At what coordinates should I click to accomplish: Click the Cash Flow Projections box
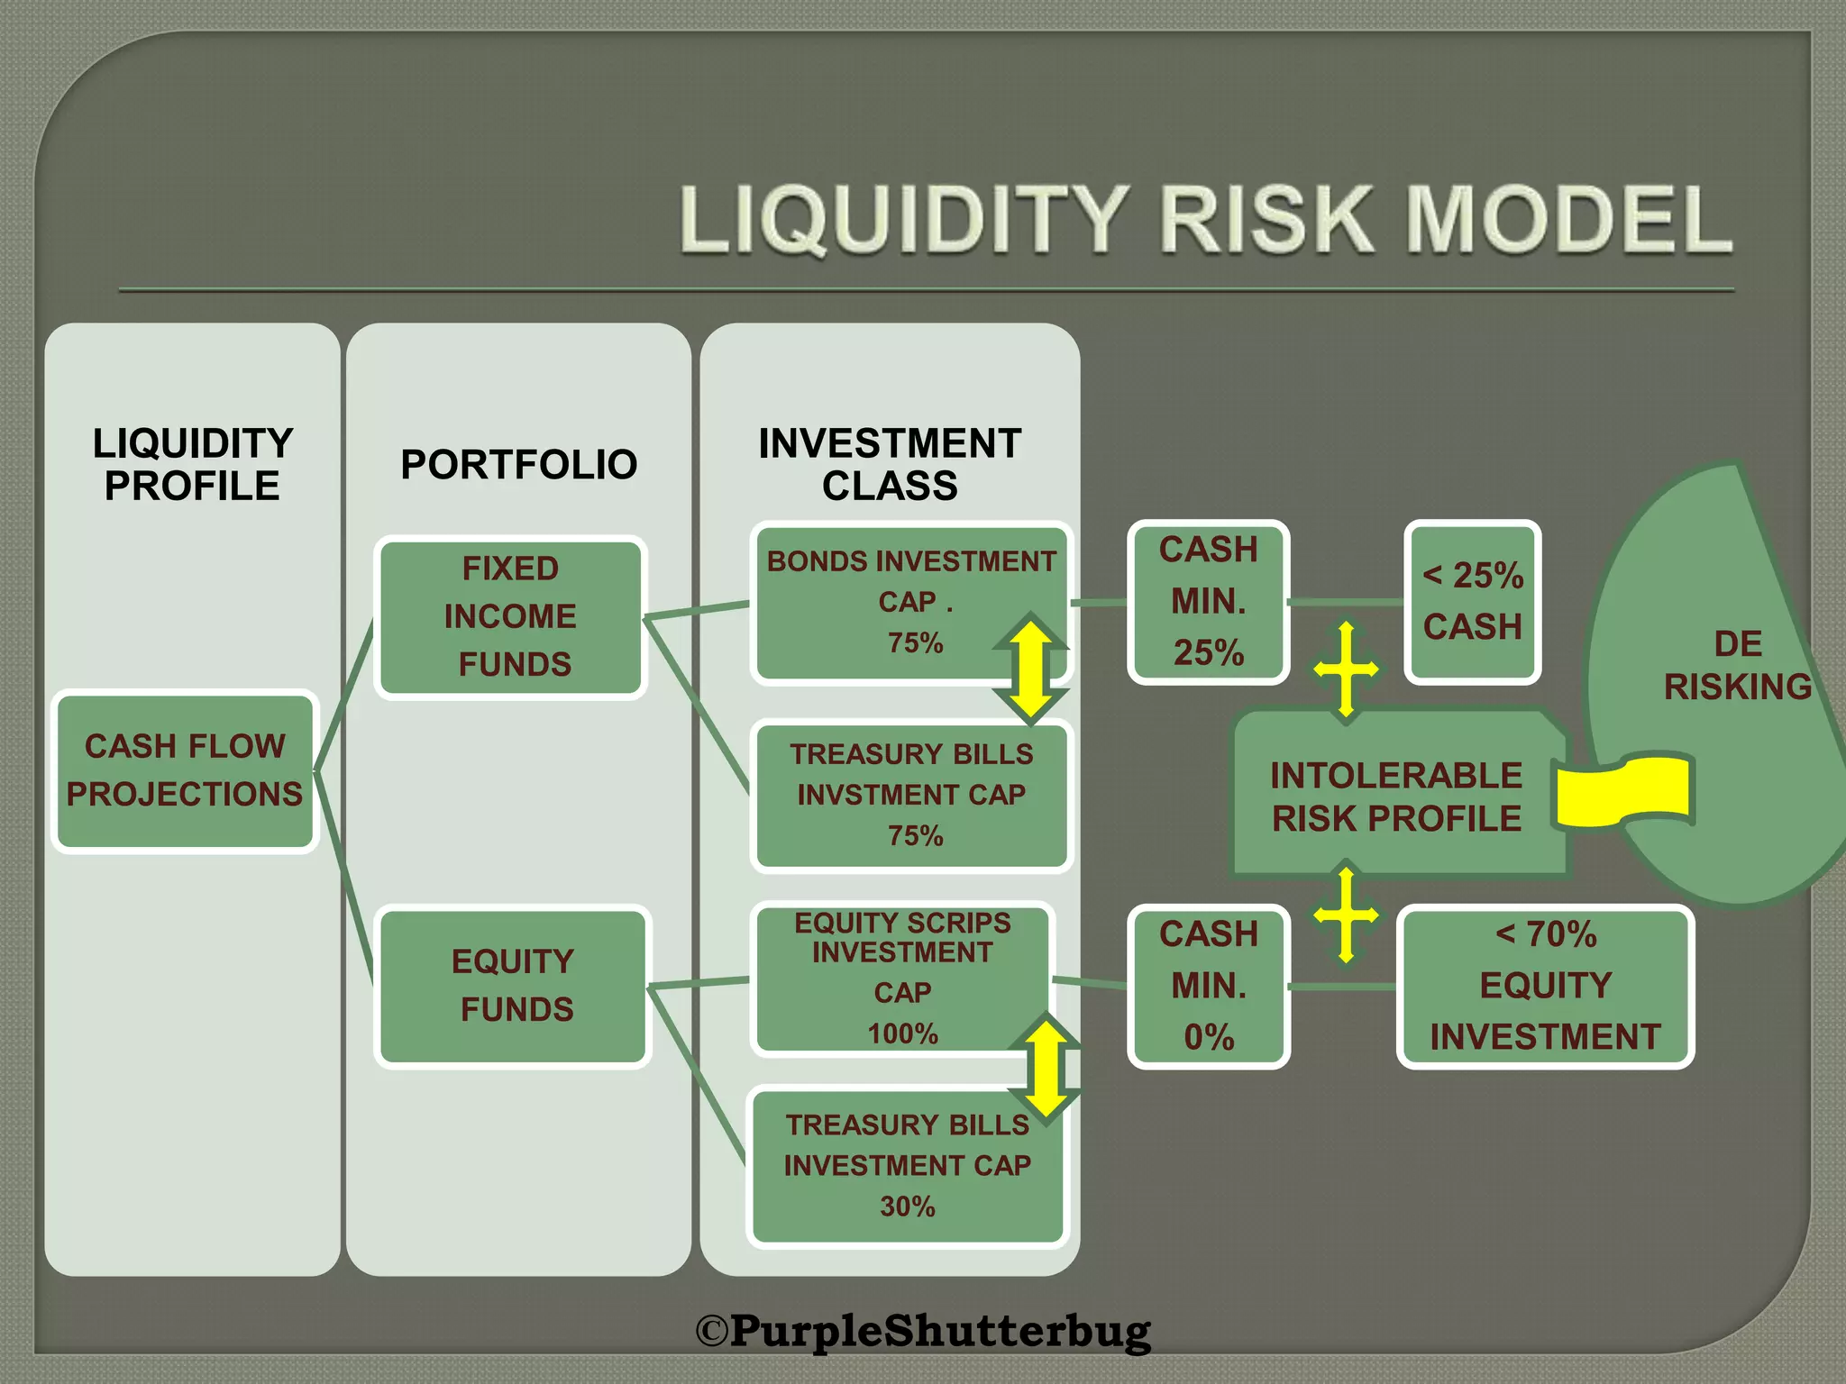coord(185,771)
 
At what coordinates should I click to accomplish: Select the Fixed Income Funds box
coord(511,617)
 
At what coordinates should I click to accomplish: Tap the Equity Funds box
coord(513,986)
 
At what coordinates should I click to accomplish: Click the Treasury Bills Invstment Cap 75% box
coord(911,795)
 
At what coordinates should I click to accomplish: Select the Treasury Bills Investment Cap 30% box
coord(907,1166)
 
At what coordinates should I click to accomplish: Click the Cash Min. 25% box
coord(1208,602)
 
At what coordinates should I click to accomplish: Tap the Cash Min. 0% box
coord(1208,986)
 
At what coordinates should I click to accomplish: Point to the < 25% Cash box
coord(1472,602)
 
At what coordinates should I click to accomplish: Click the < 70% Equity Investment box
coord(1545,986)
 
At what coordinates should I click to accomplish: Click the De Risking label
coord(1737,666)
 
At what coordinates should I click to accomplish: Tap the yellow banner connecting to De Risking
coord(1623,791)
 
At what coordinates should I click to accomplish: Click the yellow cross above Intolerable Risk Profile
coord(1346,669)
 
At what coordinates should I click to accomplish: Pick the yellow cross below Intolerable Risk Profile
coord(1346,915)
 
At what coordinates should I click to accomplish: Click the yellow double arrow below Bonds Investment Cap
coord(1031,668)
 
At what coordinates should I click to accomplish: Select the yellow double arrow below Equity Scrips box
coord(1046,1069)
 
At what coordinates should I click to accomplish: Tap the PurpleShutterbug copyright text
coord(923,1330)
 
